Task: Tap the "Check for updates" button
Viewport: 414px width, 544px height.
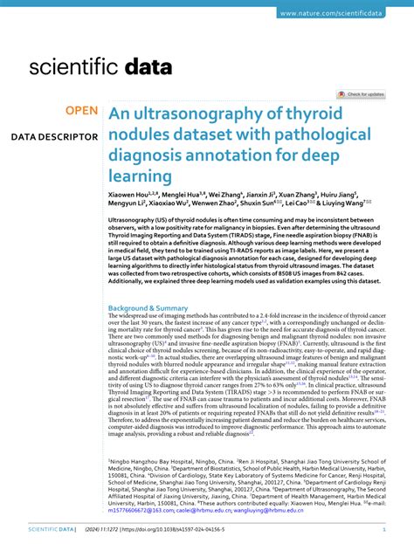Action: [362, 93]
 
